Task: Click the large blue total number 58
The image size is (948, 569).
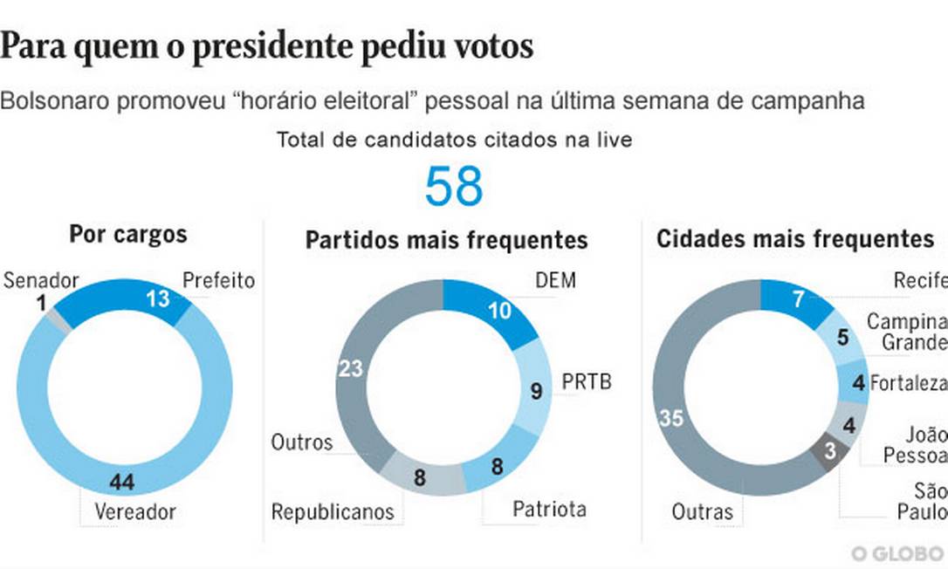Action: point(454,185)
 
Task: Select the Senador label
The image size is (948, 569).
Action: point(41,281)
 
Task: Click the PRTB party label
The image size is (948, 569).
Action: point(586,381)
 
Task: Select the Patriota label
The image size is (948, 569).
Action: point(549,509)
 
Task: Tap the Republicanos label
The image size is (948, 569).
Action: point(332,511)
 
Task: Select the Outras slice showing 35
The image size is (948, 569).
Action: point(672,419)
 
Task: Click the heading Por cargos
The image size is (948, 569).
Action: point(128,235)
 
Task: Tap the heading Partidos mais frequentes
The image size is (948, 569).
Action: point(446,240)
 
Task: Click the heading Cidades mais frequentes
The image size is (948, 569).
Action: point(794,238)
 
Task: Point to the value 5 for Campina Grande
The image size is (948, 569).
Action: point(843,337)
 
